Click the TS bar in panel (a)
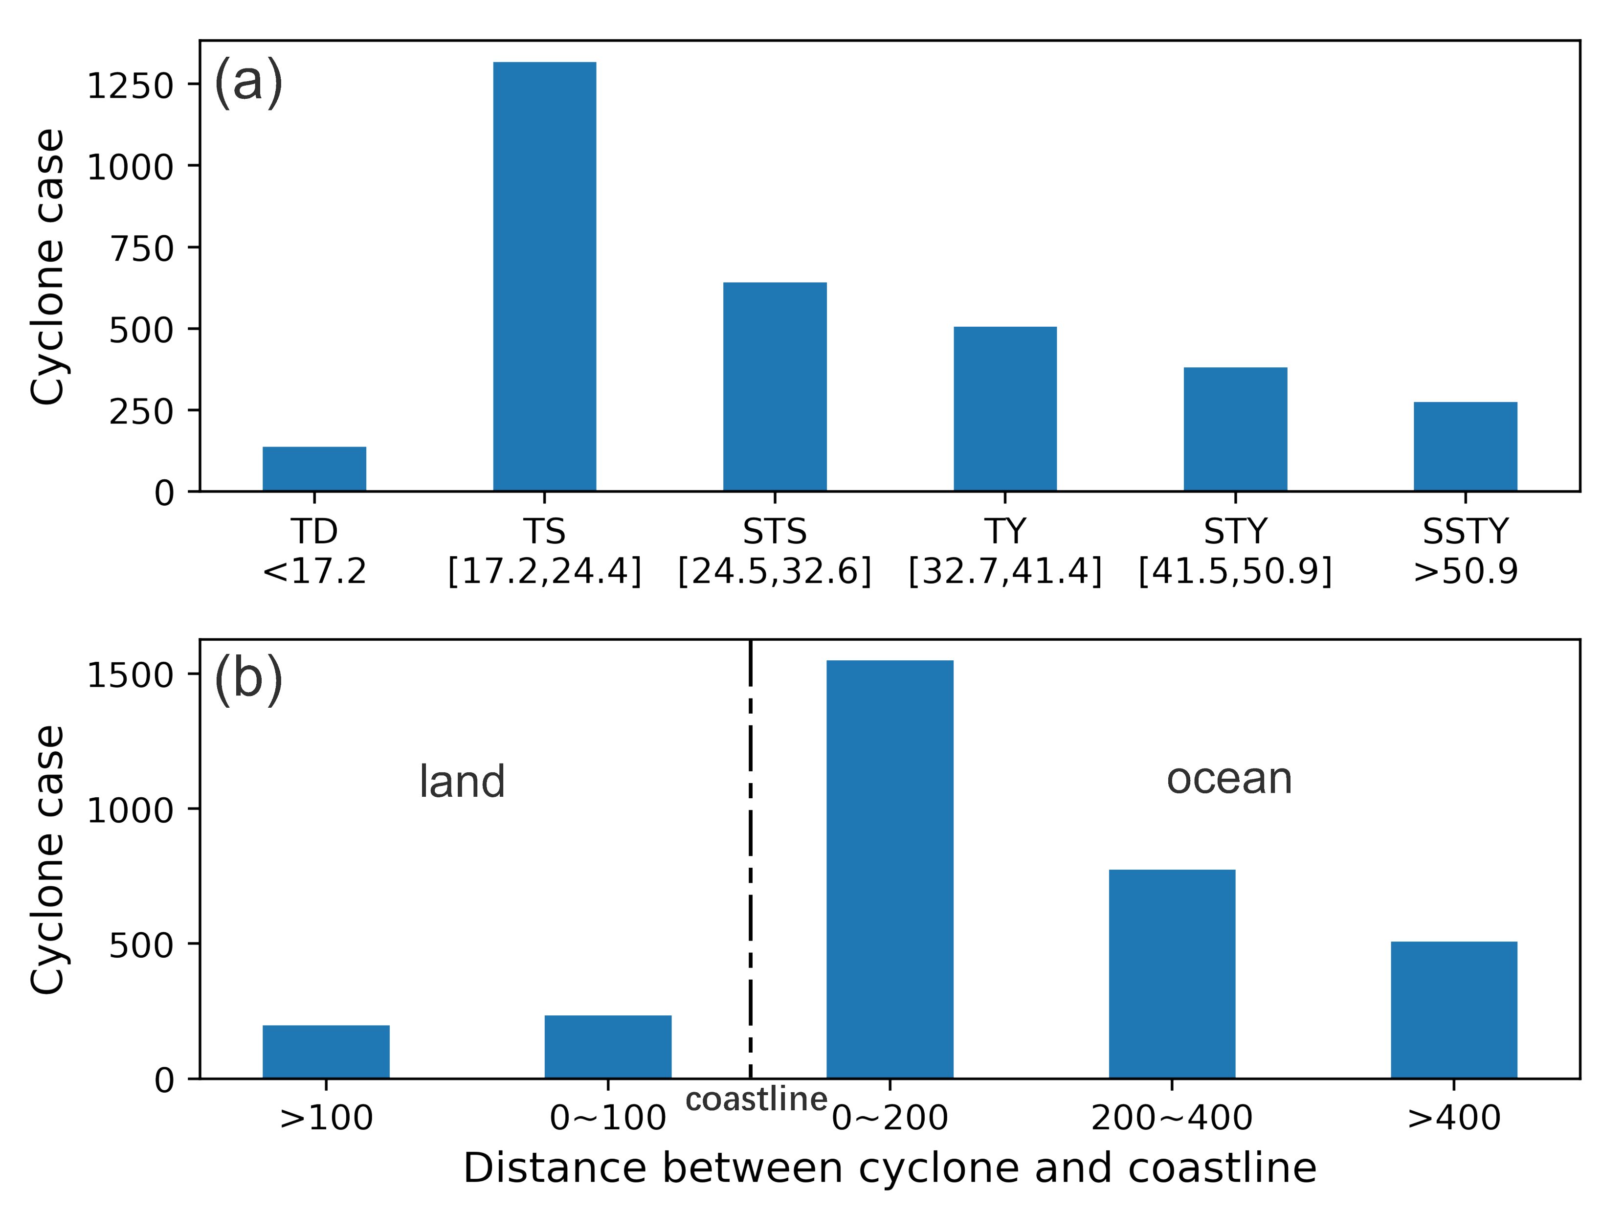[545, 277]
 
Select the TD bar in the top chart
[314, 469]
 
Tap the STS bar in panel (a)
[775, 387]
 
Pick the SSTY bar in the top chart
[1465, 447]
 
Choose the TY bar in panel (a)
[1005, 409]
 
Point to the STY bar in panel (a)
[1236, 429]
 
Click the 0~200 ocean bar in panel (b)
[890, 869]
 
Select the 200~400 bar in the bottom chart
[1172, 974]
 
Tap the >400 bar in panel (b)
[1453, 1010]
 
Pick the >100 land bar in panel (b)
[326, 1052]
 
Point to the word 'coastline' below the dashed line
[756, 1100]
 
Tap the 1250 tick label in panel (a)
[131, 86]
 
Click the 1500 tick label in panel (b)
[131, 675]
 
